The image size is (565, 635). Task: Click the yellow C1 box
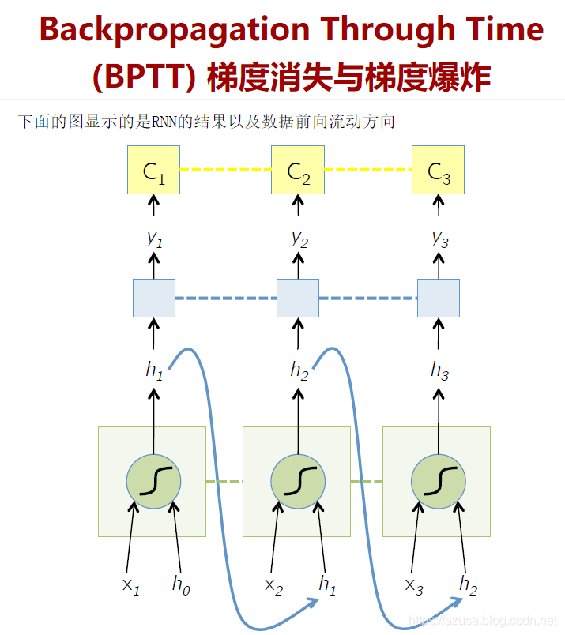154,170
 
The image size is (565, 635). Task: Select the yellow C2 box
298,170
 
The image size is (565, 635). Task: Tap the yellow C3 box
438,170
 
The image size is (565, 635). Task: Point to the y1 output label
154,238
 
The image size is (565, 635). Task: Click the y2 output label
298,238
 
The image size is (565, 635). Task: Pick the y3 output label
439,238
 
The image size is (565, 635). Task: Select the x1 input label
130,585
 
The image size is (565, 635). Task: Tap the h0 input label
181,585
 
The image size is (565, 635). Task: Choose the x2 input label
273,585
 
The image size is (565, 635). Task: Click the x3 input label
414,585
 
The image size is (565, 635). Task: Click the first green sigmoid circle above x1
153,481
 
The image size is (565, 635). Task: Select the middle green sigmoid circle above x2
298,481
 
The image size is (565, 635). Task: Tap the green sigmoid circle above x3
439,481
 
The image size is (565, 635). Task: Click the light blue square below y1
153,298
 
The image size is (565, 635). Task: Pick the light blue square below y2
298,298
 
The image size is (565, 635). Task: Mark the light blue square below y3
439,298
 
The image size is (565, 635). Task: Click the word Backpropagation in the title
174,31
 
